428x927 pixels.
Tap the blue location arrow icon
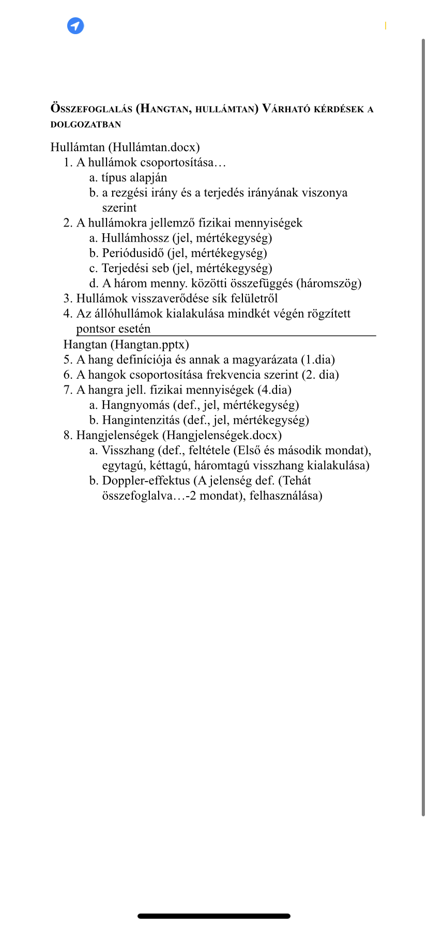[75, 26]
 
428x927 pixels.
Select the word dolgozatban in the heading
[86, 124]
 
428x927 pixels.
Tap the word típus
[114, 177]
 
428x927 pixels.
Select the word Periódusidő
[133, 253]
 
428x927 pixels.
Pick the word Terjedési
[123, 268]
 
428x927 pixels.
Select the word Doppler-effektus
[146, 480]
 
